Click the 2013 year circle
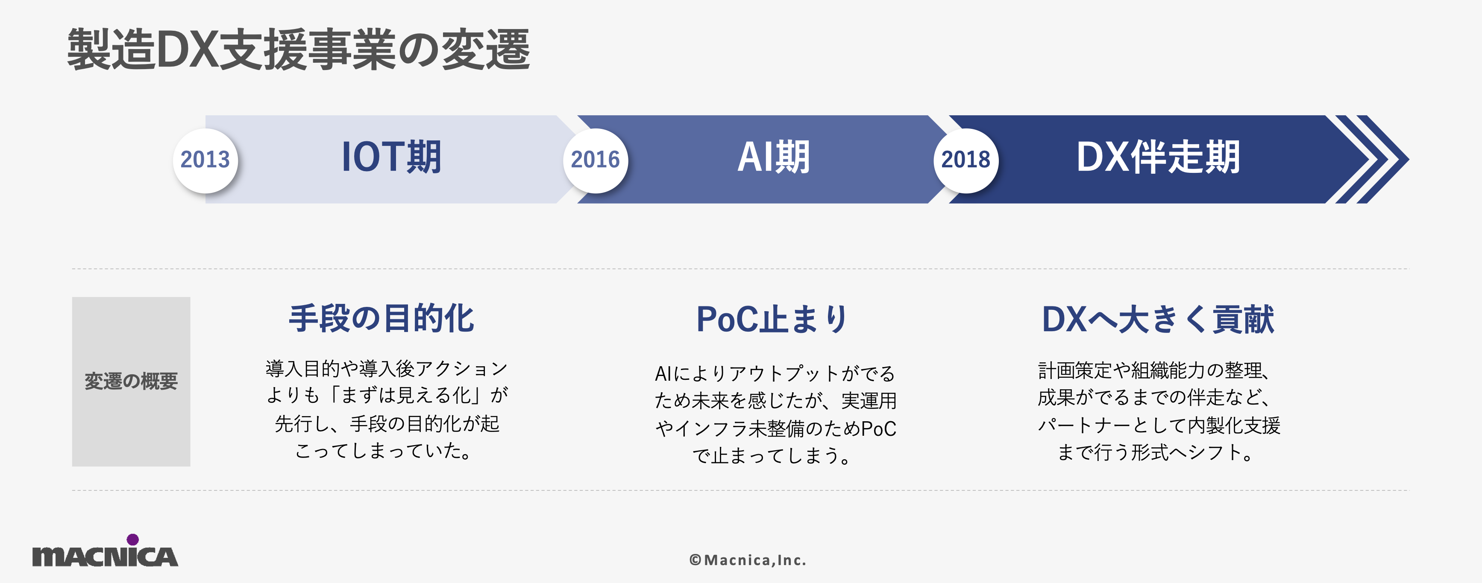(x=205, y=160)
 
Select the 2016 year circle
(x=596, y=160)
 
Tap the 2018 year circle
(x=966, y=160)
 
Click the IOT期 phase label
(x=391, y=157)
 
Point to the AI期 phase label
(x=774, y=157)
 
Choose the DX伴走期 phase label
(x=1158, y=157)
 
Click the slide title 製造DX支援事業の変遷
(x=299, y=50)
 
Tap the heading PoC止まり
(x=772, y=319)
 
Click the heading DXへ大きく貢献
(x=1158, y=319)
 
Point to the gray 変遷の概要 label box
(x=131, y=381)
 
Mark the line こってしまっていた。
(x=385, y=451)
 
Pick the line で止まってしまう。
(x=772, y=456)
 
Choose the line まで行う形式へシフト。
(x=1157, y=452)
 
